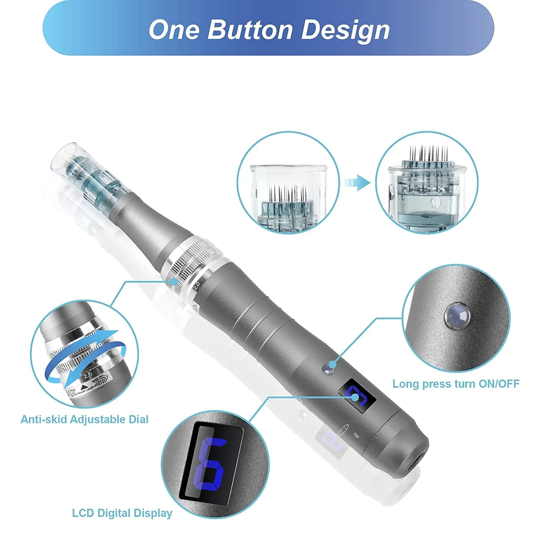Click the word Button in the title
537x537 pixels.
pyautogui.click(x=251, y=29)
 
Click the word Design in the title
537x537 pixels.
pyautogui.click(x=345, y=30)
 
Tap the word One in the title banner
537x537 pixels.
pyautogui.click(x=174, y=29)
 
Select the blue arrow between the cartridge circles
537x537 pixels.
pyautogui.click(x=357, y=183)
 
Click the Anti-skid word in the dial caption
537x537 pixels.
pyautogui.click(x=44, y=419)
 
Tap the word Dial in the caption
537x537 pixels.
pyautogui.click(x=138, y=419)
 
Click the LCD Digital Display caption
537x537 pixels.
pyautogui.click(x=122, y=513)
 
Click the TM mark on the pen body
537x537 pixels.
pyautogui.click(x=356, y=435)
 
